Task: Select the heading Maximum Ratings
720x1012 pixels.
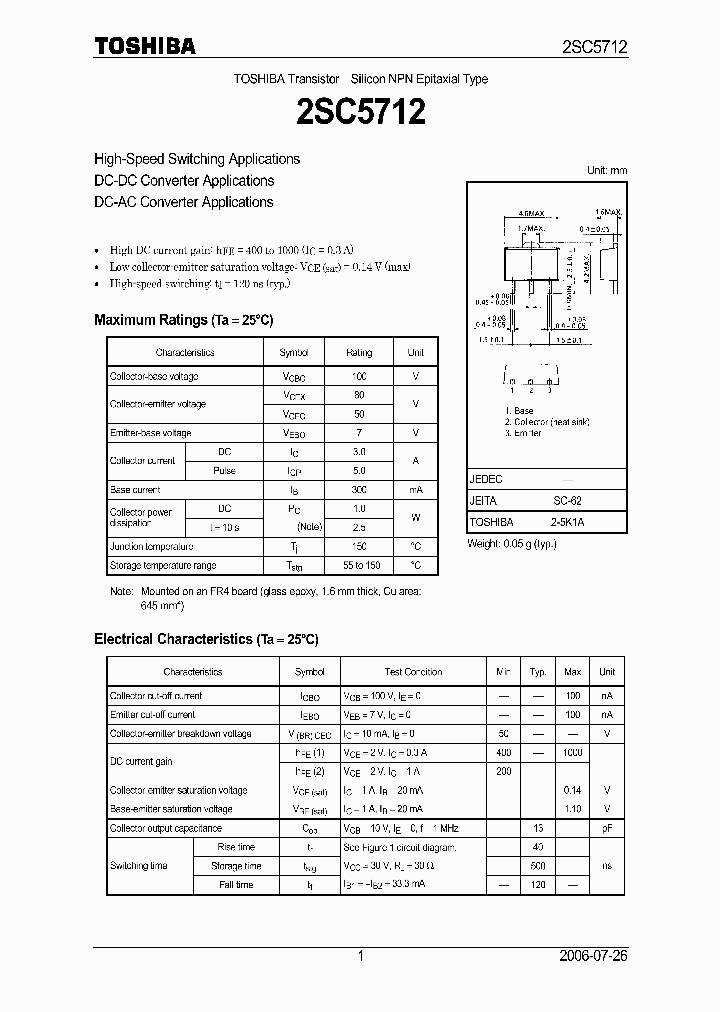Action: click(x=183, y=320)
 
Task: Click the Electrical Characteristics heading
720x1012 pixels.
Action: click(x=205, y=639)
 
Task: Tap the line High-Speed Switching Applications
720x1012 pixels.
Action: click(x=196, y=159)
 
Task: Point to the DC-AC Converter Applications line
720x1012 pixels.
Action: click(x=183, y=202)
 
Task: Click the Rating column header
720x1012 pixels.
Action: click(x=359, y=353)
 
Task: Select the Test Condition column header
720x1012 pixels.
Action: click(x=413, y=672)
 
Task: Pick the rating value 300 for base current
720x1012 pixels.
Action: click(x=359, y=490)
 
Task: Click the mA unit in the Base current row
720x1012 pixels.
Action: click(x=415, y=490)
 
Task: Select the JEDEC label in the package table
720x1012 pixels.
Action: click(x=486, y=480)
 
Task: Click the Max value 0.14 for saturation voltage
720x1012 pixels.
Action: click(x=572, y=790)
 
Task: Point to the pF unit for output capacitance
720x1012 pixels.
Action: click(x=606, y=828)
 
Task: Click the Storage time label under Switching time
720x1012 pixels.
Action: click(x=236, y=866)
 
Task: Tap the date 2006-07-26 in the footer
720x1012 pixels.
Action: click(x=594, y=957)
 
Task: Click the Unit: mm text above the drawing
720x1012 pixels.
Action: click(x=606, y=170)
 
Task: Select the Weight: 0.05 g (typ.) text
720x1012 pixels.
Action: click(x=512, y=543)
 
